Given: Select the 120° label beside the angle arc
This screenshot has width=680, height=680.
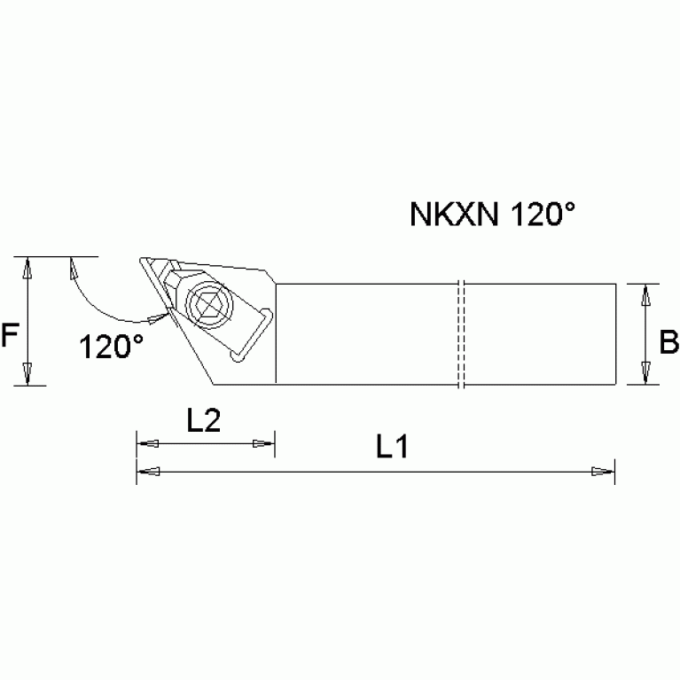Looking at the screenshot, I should pyautogui.click(x=112, y=346).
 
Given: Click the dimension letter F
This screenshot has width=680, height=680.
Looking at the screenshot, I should pyautogui.click(x=11, y=336).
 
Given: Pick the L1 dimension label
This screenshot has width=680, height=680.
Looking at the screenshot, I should pyautogui.click(x=391, y=448).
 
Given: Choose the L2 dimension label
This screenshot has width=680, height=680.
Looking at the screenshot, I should pyautogui.click(x=204, y=421).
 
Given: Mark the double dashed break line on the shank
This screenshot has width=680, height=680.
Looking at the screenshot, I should pyautogui.click(x=460, y=335).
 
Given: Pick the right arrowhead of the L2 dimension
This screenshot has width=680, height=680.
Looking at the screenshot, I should pyautogui.click(x=263, y=443).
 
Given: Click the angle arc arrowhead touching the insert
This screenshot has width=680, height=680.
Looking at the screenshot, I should pyautogui.click(x=157, y=315).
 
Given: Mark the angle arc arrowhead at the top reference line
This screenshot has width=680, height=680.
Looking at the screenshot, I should pyautogui.click(x=72, y=268).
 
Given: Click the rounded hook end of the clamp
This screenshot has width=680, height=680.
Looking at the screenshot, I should pyautogui.click(x=236, y=356).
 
